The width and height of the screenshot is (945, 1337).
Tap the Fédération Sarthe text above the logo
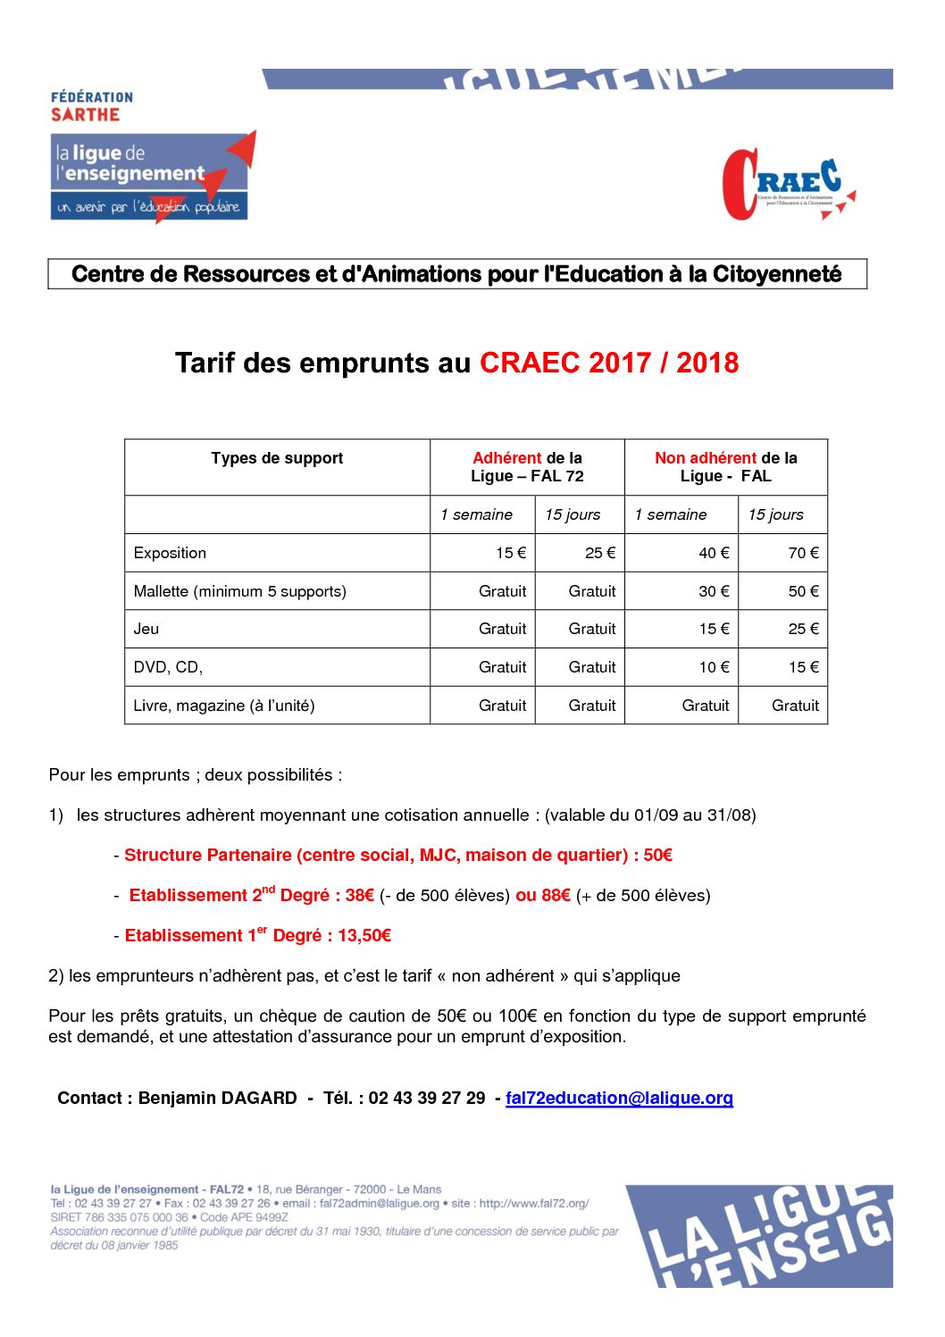pyautogui.click(x=91, y=106)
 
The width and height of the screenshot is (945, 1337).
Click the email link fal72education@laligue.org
pyautogui.click(x=619, y=1099)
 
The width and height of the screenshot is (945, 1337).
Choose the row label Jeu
pyautogui.click(x=146, y=629)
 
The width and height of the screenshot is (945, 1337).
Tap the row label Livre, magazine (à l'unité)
pyautogui.click(x=223, y=706)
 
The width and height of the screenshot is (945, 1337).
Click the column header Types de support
pyautogui.click(x=277, y=458)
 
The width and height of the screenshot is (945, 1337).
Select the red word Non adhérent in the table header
pyautogui.click(x=706, y=458)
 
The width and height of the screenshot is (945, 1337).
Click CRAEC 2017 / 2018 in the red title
pyautogui.click(x=609, y=363)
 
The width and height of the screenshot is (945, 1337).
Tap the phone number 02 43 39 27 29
pyautogui.click(x=427, y=1099)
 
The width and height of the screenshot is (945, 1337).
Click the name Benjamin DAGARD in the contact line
pyautogui.click(x=217, y=1099)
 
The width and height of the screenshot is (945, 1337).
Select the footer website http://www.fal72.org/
pyautogui.click(x=534, y=1204)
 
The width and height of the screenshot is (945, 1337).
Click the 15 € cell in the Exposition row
pyautogui.click(x=511, y=553)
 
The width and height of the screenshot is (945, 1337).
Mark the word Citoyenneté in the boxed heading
pyautogui.click(x=777, y=274)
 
